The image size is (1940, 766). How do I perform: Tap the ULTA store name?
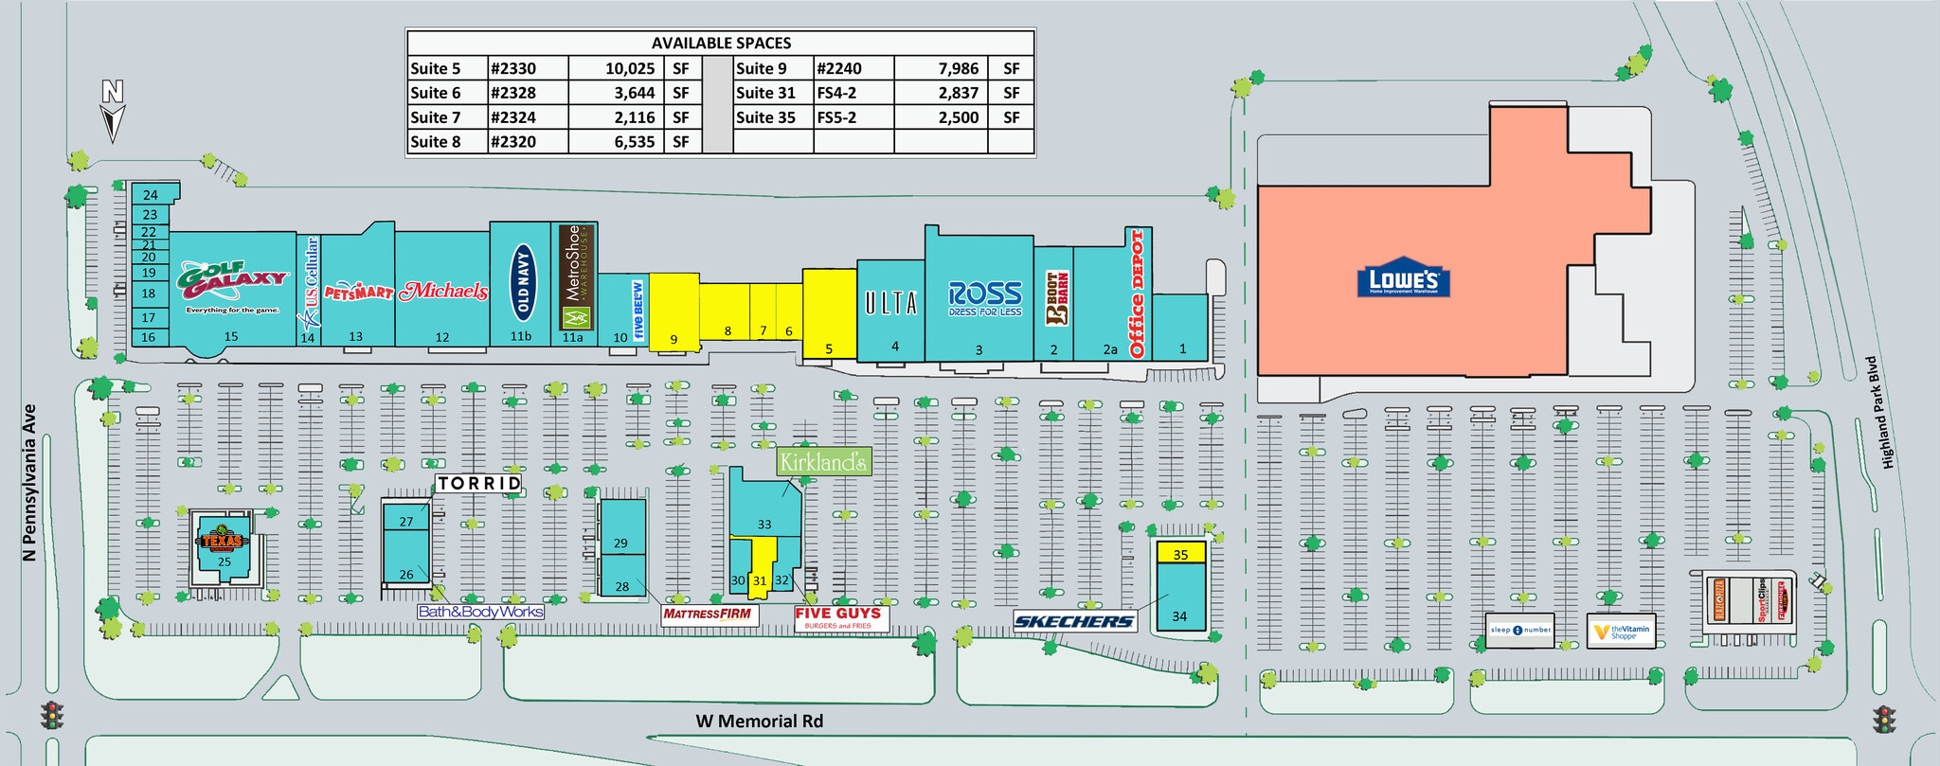(890, 303)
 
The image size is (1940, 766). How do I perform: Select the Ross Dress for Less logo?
(985, 298)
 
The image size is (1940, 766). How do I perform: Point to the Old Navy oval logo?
(522, 280)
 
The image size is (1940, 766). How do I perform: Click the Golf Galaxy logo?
(232, 281)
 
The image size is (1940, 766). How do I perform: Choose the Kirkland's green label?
(822, 462)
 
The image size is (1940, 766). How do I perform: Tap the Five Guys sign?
(837, 617)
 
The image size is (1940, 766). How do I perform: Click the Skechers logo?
(1074, 621)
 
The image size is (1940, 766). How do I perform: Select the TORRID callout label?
(479, 484)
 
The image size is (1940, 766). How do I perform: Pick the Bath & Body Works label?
(481, 612)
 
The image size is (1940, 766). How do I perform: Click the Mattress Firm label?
(708, 614)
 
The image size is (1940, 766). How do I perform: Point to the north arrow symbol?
(113, 112)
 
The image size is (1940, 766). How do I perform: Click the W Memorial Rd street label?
(760, 721)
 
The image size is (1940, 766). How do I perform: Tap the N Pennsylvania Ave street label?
(29, 483)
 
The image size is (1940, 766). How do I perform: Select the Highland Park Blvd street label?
(1879, 413)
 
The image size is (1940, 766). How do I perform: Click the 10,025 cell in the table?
(630, 68)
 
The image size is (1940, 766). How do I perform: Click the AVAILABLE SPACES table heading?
(721, 44)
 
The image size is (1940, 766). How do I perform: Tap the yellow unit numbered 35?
(1180, 553)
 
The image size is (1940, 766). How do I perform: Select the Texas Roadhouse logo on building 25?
(223, 541)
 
